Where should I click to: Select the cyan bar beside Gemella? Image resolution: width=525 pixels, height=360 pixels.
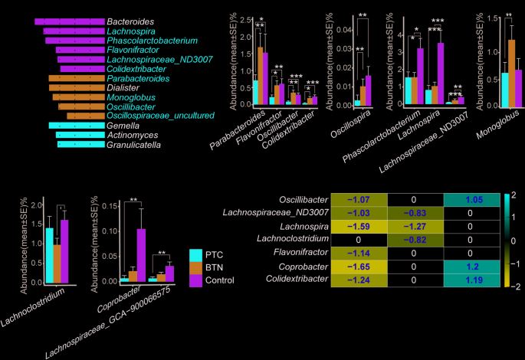click(76, 125)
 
